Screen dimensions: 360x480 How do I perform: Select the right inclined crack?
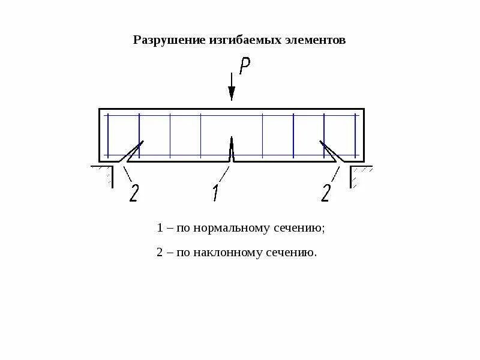[x=331, y=151]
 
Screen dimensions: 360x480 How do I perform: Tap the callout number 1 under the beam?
[x=215, y=193]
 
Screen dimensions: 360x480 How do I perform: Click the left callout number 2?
[x=133, y=193]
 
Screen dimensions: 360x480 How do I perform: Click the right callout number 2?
[x=326, y=193]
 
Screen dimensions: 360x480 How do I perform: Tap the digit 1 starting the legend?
[x=160, y=229]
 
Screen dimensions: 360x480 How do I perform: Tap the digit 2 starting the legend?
[x=160, y=253]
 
